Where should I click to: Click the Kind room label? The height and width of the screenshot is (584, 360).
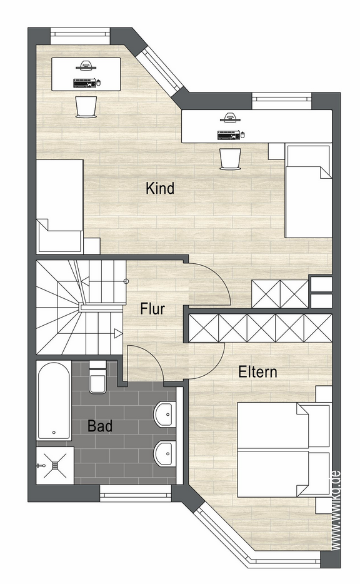point(160,188)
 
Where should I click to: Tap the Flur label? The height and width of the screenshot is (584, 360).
point(152,309)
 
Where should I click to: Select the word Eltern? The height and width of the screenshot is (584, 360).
point(257,371)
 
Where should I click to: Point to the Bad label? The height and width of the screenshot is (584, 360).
point(100,426)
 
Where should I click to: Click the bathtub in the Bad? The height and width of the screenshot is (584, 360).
point(54,401)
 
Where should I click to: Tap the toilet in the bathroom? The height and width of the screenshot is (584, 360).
point(97,377)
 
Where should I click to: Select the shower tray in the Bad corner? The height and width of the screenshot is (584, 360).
point(55,465)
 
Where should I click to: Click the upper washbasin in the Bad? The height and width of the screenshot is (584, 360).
point(164,414)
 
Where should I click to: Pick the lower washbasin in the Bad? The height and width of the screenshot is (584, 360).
point(164,454)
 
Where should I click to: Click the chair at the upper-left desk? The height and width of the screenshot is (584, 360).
point(86,108)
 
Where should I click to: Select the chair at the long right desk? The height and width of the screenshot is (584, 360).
point(230,159)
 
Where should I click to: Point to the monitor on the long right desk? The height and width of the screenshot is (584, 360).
point(230,118)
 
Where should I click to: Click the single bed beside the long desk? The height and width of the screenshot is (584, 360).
point(308,191)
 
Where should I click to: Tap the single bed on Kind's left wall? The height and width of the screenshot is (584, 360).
point(59,206)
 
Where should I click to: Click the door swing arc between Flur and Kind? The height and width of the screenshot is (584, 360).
point(217,276)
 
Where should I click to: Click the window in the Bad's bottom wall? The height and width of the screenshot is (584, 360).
point(136,493)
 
